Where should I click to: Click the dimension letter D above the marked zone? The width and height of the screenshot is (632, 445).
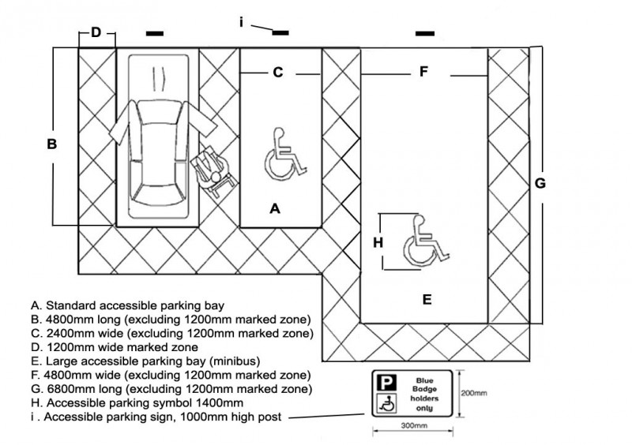(x=96, y=32)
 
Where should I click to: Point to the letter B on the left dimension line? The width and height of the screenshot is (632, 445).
(x=52, y=144)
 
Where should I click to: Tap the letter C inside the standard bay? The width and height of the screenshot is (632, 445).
(x=278, y=73)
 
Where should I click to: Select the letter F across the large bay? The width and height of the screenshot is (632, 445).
(x=423, y=72)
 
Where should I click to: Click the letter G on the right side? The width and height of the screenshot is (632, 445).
(x=540, y=184)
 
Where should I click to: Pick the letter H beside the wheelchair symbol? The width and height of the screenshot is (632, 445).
(x=378, y=243)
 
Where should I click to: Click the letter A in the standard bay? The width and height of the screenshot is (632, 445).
(x=275, y=208)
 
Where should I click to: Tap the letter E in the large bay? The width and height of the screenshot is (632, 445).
(x=427, y=300)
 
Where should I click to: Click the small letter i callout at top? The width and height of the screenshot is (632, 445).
(x=242, y=22)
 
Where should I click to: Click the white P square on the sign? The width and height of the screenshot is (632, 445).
(x=386, y=383)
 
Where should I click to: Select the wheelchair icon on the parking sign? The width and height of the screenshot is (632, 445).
(x=386, y=403)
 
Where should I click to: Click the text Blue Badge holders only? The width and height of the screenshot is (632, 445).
(x=424, y=395)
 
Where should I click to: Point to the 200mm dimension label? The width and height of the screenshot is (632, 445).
(x=474, y=393)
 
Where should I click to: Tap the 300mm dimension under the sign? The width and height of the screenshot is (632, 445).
(x=414, y=425)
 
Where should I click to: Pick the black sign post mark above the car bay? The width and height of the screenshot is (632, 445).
(x=155, y=33)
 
